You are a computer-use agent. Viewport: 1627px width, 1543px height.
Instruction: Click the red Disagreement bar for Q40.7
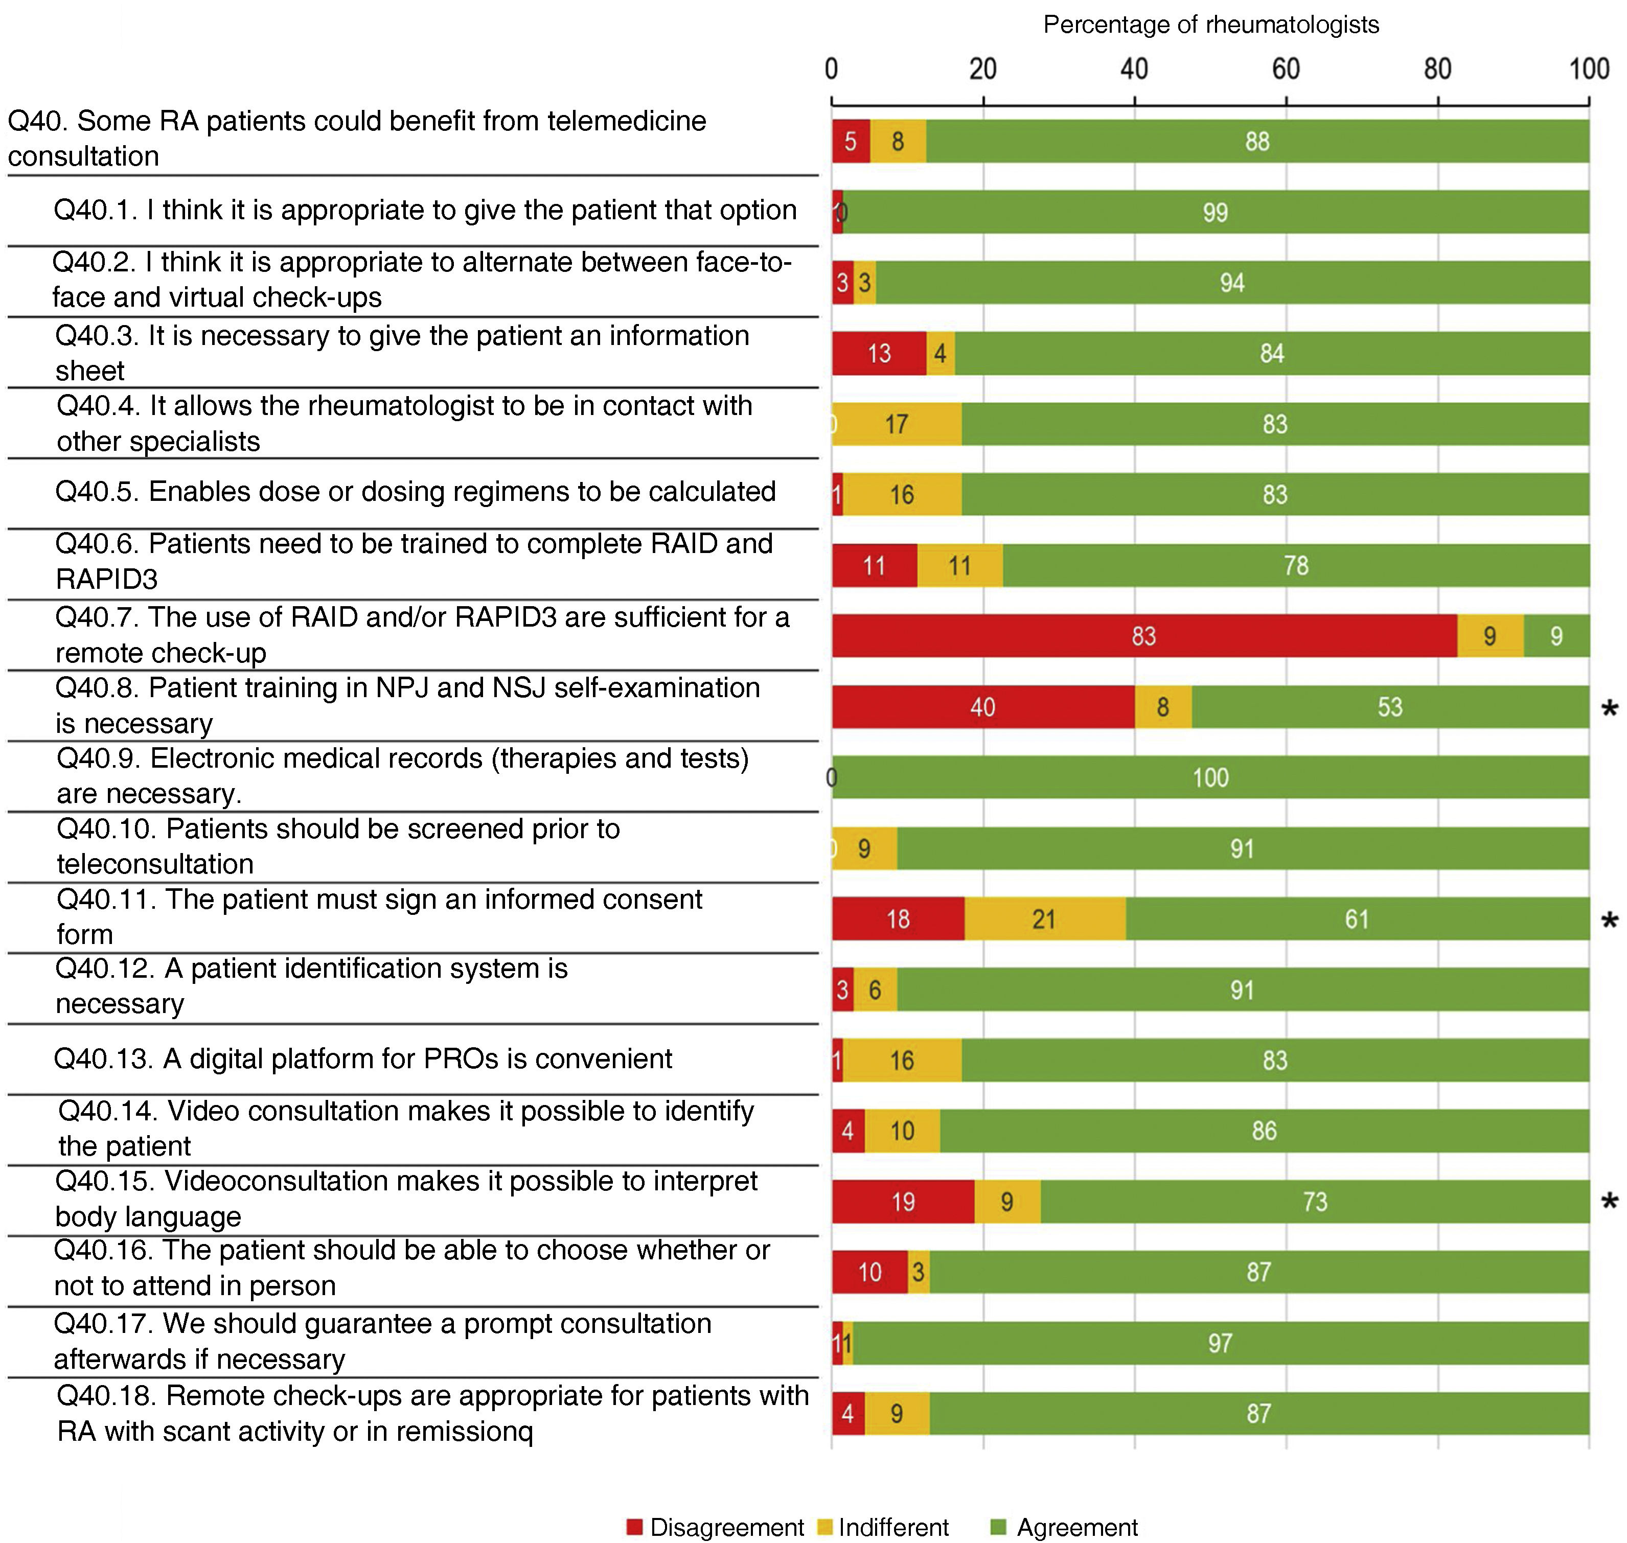(x=1143, y=636)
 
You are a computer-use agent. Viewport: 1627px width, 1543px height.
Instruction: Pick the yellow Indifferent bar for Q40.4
(x=897, y=424)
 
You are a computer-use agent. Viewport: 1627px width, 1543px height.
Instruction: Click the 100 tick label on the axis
(x=1588, y=69)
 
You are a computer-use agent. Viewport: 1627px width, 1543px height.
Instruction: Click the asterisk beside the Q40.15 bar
(x=1609, y=1203)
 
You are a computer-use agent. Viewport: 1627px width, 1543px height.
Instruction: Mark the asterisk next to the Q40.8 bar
(x=1609, y=708)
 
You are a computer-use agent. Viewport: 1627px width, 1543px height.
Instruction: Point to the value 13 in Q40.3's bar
(x=879, y=354)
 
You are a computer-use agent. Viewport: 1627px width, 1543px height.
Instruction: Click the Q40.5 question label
(x=416, y=492)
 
